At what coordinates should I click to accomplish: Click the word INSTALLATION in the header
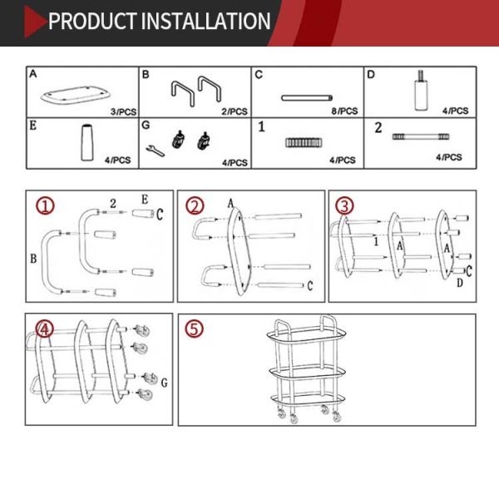pyautogui.click(x=205, y=21)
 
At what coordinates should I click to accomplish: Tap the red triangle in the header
pyautogui.click(x=35, y=22)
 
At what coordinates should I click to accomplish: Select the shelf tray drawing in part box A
pyautogui.click(x=76, y=95)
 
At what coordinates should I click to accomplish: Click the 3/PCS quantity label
pyautogui.click(x=123, y=111)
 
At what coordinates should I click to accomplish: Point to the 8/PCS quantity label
pyautogui.click(x=344, y=111)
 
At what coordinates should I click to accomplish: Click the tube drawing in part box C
pyautogui.click(x=307, y=98)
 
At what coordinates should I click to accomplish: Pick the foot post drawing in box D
pyautogui.click(x=421, y=90)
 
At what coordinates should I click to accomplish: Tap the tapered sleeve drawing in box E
pyautogui.click(x=86, y=142)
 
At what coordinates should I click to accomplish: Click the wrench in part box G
pyautogui.click(x=156, y=151)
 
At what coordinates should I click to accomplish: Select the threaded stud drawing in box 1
pyautogui.click(x=303, y=142)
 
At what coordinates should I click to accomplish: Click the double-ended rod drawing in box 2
pyautogui.click(x=421, y=137)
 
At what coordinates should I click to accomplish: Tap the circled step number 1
pyautogui.click(x=45, y=205)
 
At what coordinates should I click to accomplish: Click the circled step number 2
pyautogui.click(x=195, y=206)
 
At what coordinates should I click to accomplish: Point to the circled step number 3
pyautogui.click(x=344, y=206)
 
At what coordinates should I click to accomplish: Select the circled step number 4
pyautogui.click(x=44, y=329)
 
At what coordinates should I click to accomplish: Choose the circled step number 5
pyautogui.click(x=194, y=329)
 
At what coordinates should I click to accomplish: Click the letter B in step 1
pyautogui.click(x=33, y=259)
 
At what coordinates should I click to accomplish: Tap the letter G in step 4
pyautogui.click(x=164, y=383)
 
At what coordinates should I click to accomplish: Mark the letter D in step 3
pyautogui.click(x=460, y=283)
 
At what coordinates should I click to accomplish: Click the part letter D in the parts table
pyautogui.click(x=371, y=75)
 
